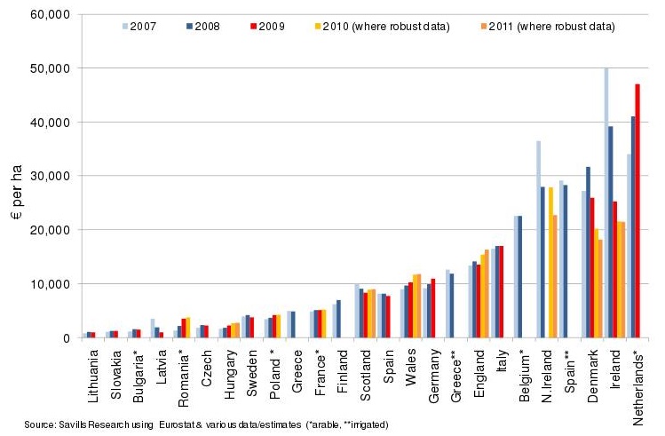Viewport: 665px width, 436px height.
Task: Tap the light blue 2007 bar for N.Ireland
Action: coord(538,239)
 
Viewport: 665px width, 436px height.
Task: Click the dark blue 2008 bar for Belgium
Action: coord(519,276)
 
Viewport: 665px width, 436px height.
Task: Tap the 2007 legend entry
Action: coord(143,27)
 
